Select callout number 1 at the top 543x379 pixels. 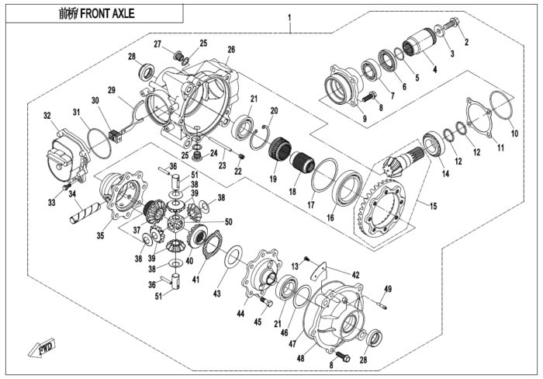289,17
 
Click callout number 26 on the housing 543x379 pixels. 230,50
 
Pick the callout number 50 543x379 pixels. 228,222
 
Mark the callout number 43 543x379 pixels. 216,293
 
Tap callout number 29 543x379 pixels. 111,91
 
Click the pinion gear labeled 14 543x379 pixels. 396,167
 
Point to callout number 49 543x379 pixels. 388,288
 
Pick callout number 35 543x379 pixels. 99,235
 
